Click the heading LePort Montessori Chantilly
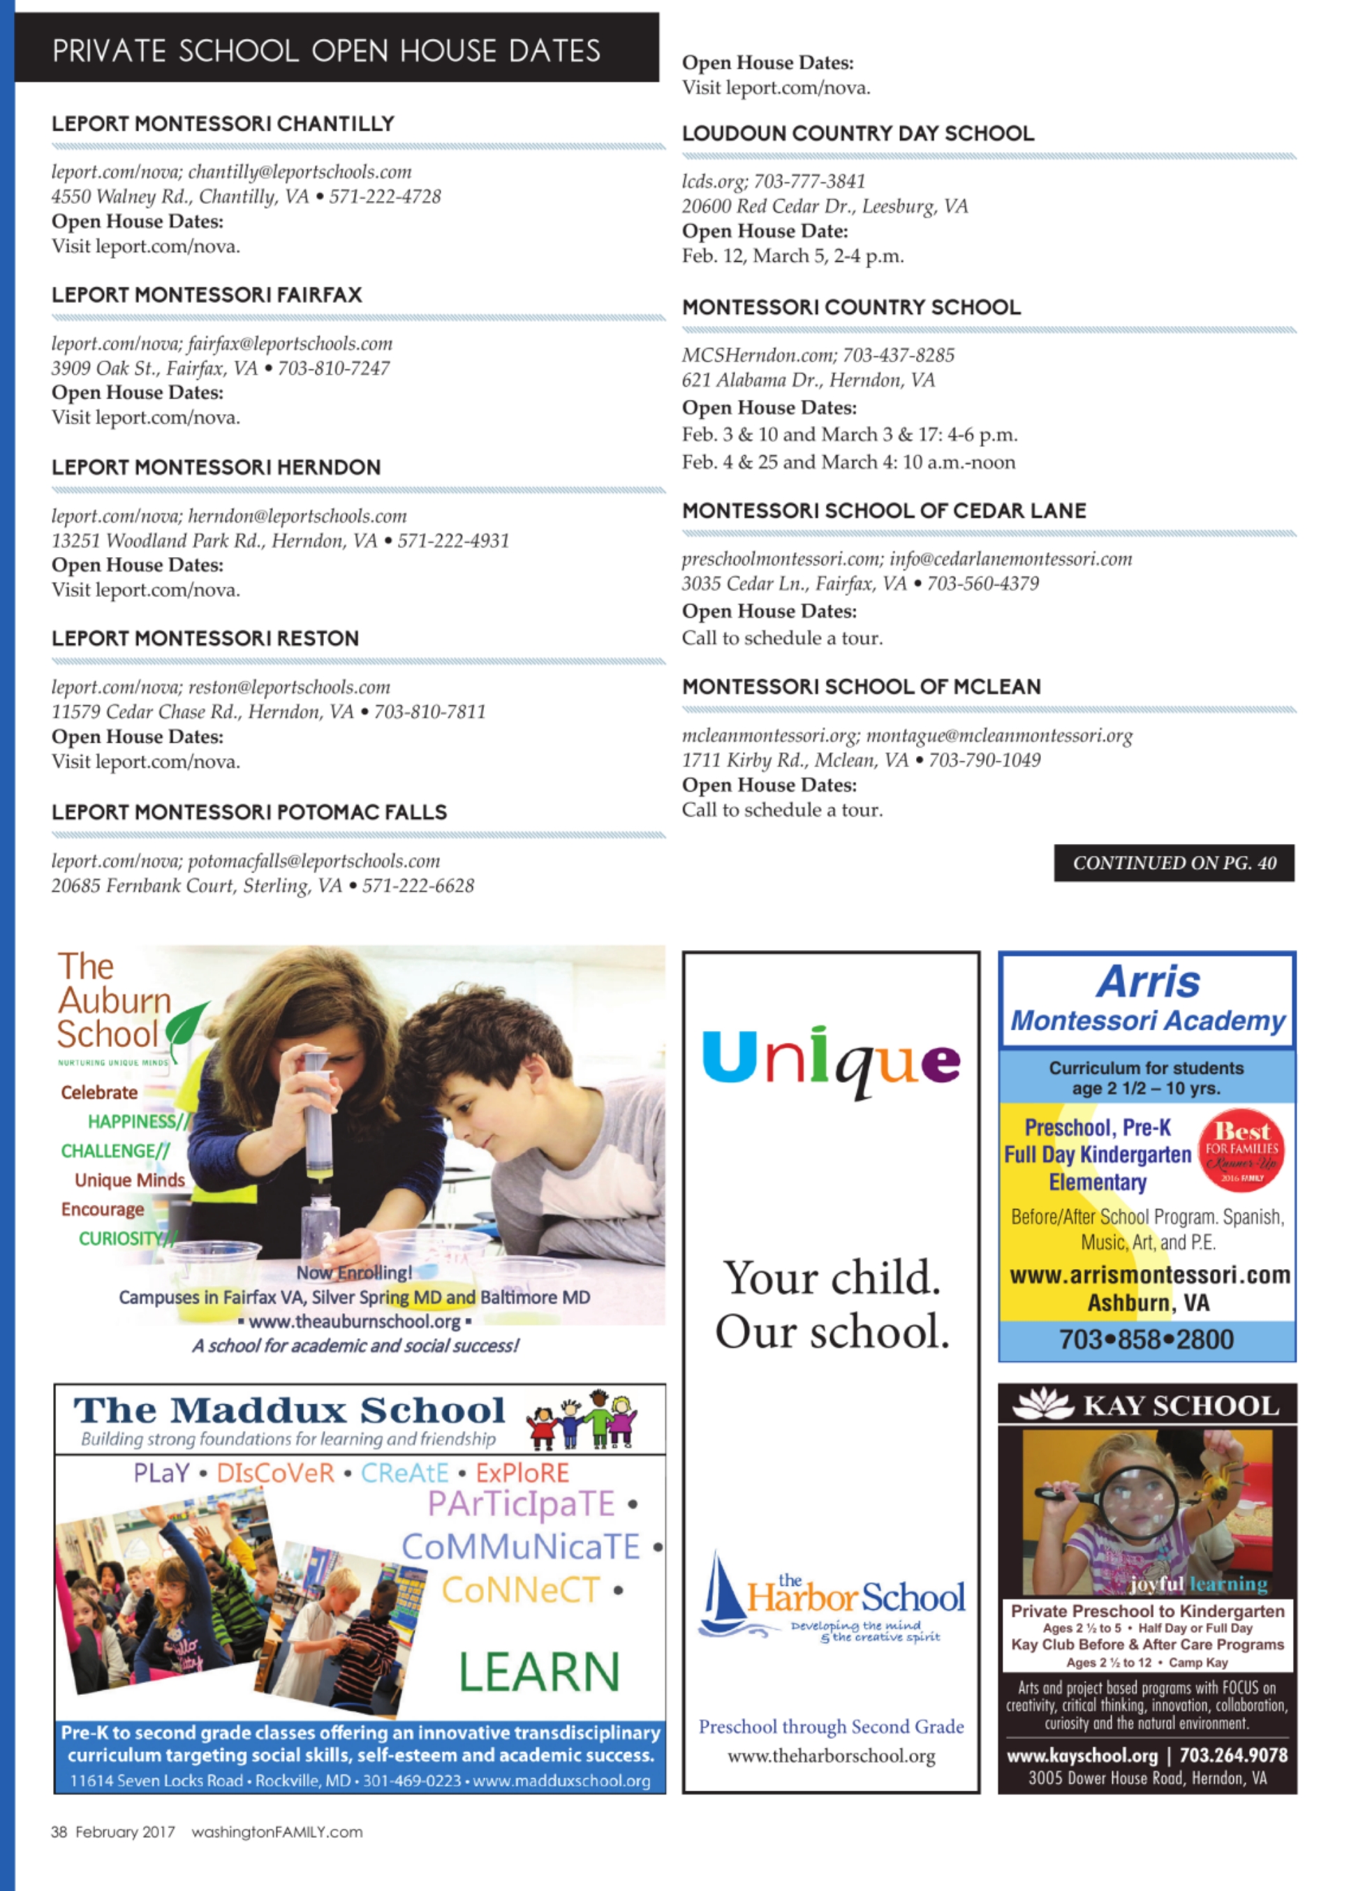point(223,124)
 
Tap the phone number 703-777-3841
point(809,181)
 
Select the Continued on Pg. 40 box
point(1174,863)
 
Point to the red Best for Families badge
point(1241,1150)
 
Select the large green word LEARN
point(539,1672)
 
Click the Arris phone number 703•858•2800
point(1147,1340)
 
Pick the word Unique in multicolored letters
point(831,1059)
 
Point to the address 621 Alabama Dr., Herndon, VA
point(809,380)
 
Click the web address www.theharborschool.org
point(831,1756)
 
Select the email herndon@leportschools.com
point(297,516)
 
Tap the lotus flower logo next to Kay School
point(1044,1405)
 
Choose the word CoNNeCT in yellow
point(520,1589)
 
